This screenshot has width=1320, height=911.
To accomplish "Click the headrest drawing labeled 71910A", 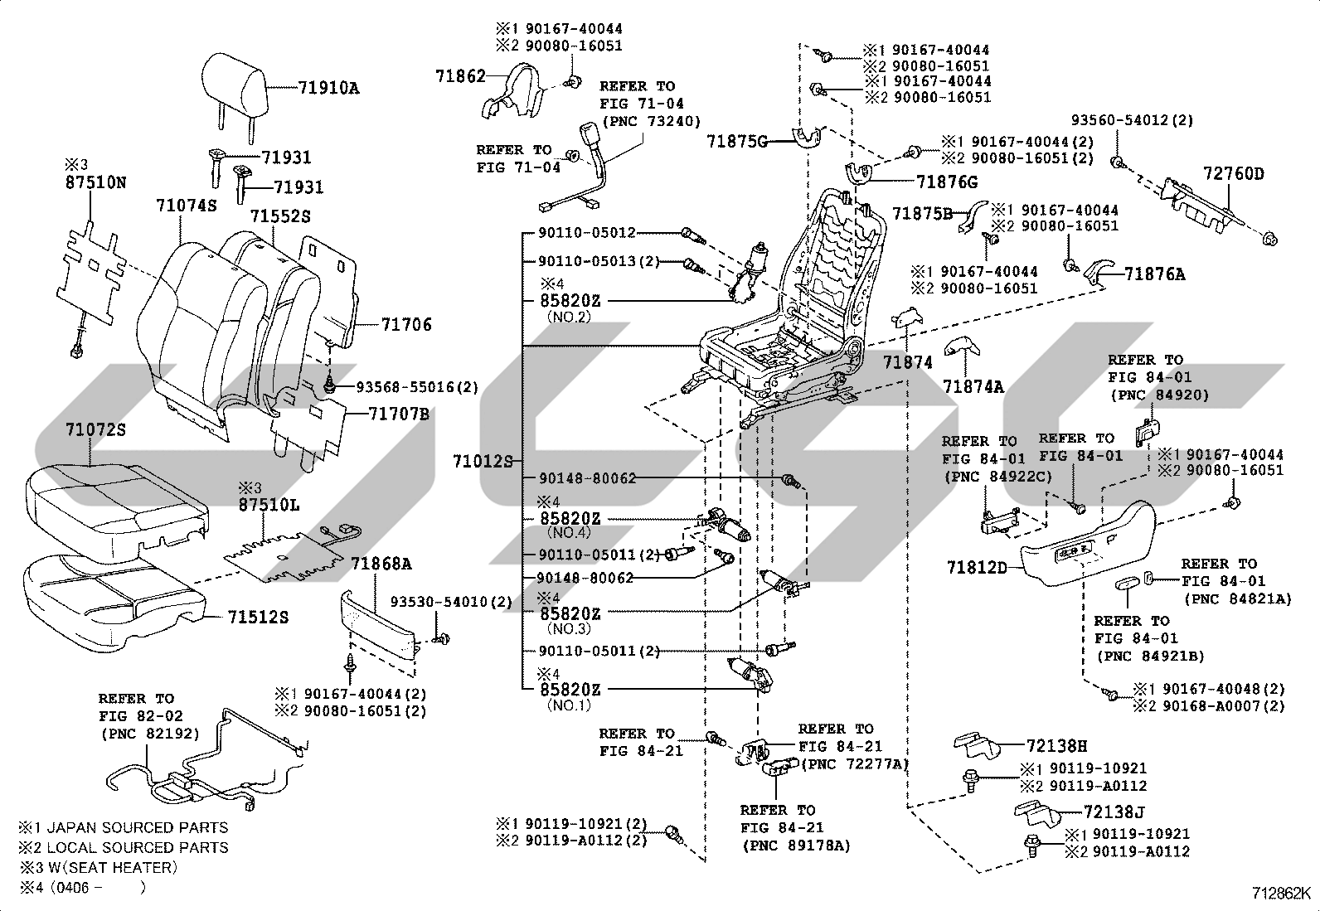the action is click(233, 94).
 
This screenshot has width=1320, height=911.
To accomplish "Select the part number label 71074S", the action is click(187, 206).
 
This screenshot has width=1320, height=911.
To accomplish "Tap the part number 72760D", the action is click(1234, 174).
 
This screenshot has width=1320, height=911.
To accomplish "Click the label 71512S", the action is click(258, 617).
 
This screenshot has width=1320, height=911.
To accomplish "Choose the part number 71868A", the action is click(381, 564).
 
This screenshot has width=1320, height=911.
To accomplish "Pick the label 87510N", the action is click(95, 182).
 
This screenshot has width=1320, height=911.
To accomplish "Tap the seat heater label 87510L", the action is click(269, 505).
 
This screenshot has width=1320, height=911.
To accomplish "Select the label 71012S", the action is click(483, 462).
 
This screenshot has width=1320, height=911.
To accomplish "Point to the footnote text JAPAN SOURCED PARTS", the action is click(138, 828).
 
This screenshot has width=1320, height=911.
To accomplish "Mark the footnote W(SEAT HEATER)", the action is click(112, 867).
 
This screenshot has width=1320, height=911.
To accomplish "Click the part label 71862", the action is click(460, 76).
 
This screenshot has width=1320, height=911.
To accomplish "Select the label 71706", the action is click(406, 324).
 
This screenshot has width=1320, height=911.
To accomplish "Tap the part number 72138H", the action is click(1056, 746).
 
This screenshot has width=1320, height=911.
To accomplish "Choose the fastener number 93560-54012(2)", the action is click(1132, 120).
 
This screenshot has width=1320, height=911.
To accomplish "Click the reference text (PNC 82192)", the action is click(150, 734).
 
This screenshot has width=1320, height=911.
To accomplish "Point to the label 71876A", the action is click(1154, 274).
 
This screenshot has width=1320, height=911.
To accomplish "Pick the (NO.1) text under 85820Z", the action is click(569, 705).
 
